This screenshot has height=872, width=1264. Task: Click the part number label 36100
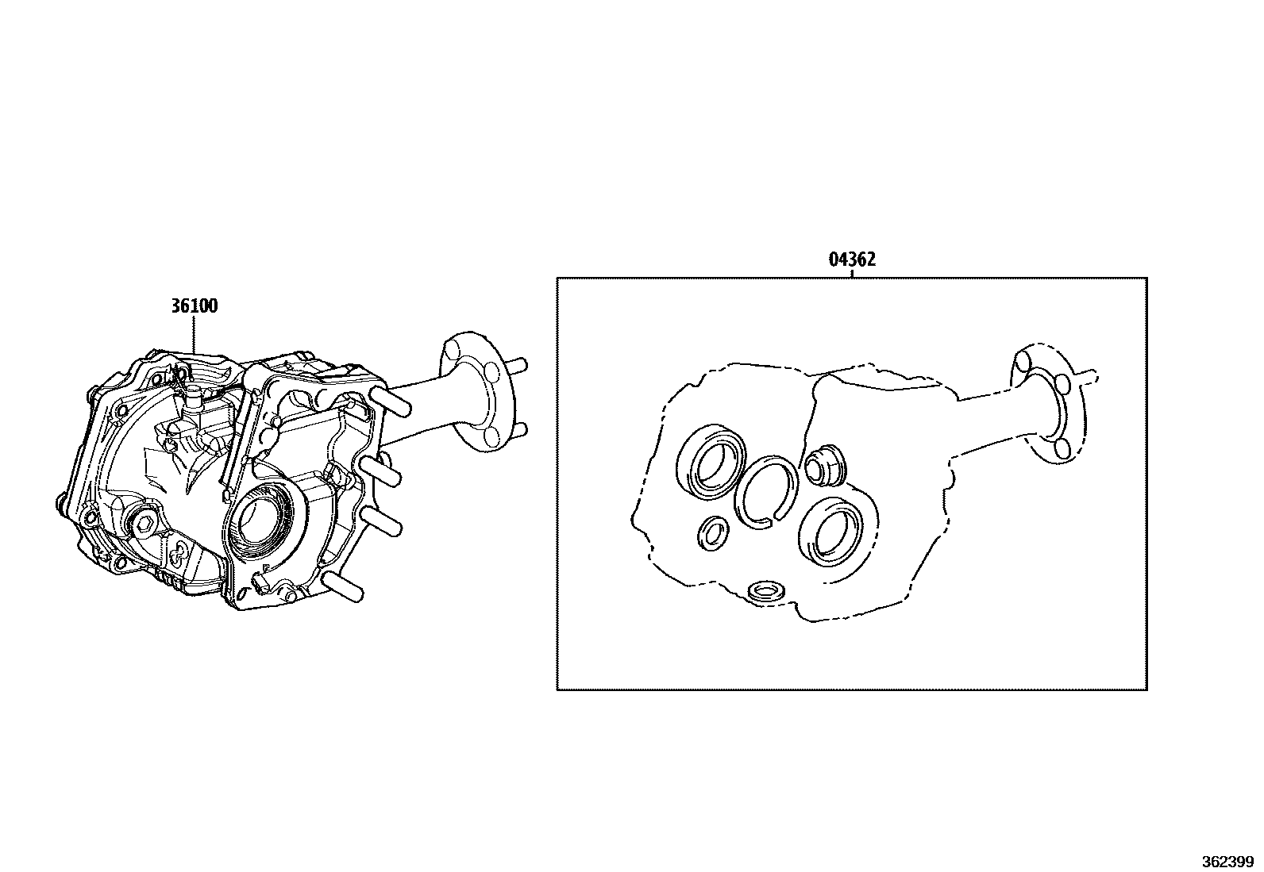click(x=194, y=306)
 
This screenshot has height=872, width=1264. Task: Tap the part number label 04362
click(x=852, y=259)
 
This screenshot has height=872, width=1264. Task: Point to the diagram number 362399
click(x=1226, y=862)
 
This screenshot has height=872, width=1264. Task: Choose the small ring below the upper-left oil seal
click(x=713, y=532)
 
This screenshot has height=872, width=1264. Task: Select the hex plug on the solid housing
click(x=144, y=523)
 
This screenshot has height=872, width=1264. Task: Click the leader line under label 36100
click(x=194, y=337)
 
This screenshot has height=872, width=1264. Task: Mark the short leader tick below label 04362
click(x=852, y=273)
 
